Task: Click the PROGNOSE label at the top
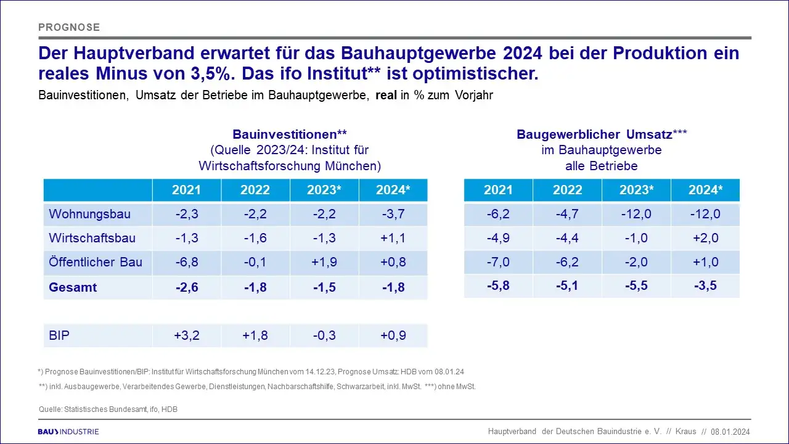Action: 69,27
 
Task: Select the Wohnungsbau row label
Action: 89,215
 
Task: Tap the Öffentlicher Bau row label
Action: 96,262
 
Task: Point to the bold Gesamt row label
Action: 73,287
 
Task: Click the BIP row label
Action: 60,336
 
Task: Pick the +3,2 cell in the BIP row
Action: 186,336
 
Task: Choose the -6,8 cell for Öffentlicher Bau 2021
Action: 186,262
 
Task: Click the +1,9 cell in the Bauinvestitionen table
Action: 324,262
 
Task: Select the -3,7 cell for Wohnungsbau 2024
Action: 393,215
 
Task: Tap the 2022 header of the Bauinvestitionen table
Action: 255,190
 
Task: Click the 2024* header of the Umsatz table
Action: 705,190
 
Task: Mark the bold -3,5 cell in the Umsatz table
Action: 705,286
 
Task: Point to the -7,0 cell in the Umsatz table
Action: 498,262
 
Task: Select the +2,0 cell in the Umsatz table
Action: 705,239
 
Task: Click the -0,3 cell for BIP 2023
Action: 324,336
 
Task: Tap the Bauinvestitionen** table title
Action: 290,134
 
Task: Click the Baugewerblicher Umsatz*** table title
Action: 602,134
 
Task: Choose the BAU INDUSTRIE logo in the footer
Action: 68,432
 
